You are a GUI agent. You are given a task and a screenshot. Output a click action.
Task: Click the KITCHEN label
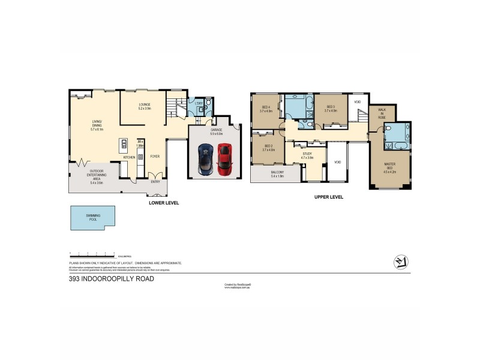[x=129, y=157]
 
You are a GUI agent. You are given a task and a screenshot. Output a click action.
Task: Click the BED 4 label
[x=266, y=109]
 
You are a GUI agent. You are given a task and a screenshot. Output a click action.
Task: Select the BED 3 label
[x=332, y=109]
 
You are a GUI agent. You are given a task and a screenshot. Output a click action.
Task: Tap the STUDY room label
[x=307, y=155]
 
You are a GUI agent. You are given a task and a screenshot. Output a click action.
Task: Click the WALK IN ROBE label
[x=381, y=114]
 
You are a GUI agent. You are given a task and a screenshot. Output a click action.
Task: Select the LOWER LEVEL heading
[x=164, y=203]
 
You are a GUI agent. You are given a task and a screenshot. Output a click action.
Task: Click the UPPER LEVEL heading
[x=328, y=197]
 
